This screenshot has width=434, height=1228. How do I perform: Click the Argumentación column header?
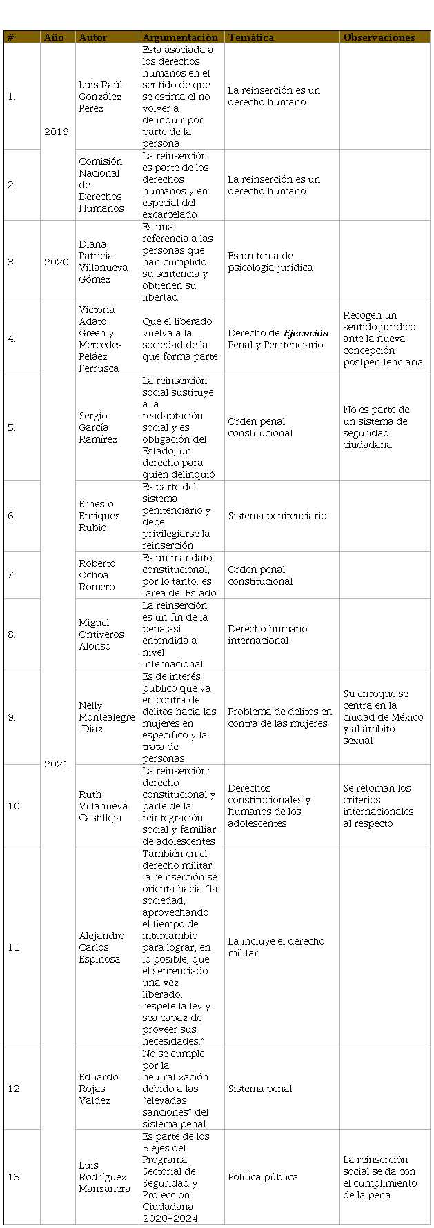(179, 37)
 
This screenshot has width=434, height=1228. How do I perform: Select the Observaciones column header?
(379, 37)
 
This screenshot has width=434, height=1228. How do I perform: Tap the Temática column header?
(250, 37)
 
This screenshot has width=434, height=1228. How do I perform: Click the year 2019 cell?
(56, 132)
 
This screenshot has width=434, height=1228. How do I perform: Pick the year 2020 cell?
(56, 262)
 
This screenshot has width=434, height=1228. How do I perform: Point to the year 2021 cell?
(56, 764)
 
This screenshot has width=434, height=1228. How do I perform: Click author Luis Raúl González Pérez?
(101, 97)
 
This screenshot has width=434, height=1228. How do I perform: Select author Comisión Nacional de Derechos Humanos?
(101, 185)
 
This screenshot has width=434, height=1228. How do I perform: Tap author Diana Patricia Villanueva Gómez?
(103, 262)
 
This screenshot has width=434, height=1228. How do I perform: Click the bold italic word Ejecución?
(306, 333)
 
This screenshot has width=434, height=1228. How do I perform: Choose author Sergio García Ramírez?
(98, 427)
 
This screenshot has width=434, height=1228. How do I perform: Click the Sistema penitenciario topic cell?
(277, 516)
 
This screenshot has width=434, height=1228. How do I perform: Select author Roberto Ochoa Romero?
(97, 575)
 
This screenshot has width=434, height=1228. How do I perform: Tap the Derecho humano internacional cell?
(268, 634)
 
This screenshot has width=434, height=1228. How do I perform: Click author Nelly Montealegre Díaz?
(106, 717)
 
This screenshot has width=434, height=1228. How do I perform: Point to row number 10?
(14, 806)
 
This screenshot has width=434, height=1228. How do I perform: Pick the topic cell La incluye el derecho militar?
(276, 947)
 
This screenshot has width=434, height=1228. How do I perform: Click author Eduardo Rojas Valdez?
(99, 1089)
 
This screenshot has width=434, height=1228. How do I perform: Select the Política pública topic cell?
(263, 1177)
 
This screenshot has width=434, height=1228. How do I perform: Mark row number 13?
(14, 1177)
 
